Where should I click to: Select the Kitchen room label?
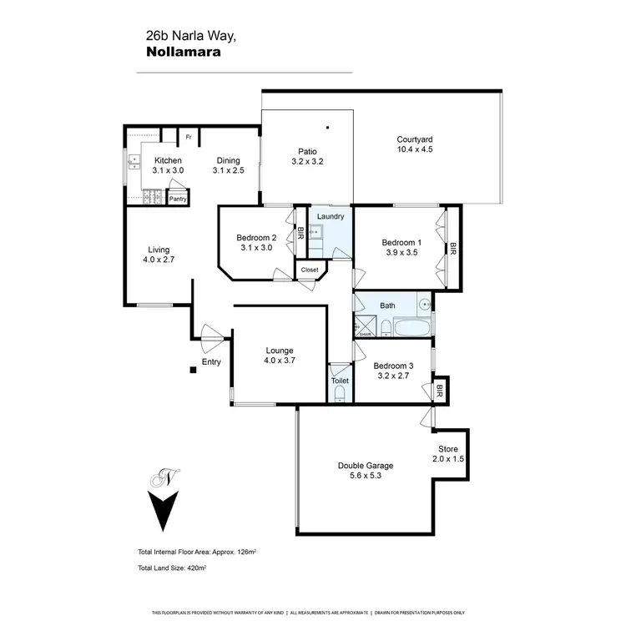coord(168,160)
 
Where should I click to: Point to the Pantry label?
coord(178,199)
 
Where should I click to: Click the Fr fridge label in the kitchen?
coord(189,137)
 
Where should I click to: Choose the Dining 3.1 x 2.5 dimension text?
coord(228,170)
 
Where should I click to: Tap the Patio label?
coord(306,151)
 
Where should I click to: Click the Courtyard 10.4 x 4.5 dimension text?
coord(415,149)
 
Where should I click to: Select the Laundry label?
coord(331,216)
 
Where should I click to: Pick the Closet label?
coord(310,270)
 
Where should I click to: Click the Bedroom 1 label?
coord(401,242)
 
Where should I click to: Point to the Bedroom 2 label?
coord(256,237)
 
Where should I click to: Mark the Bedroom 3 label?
coord(393,366)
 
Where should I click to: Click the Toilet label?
coord(340,381)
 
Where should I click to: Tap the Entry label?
coord(211,361)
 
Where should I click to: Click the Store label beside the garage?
coord(448,448)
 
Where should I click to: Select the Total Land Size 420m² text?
coord(173,568)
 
